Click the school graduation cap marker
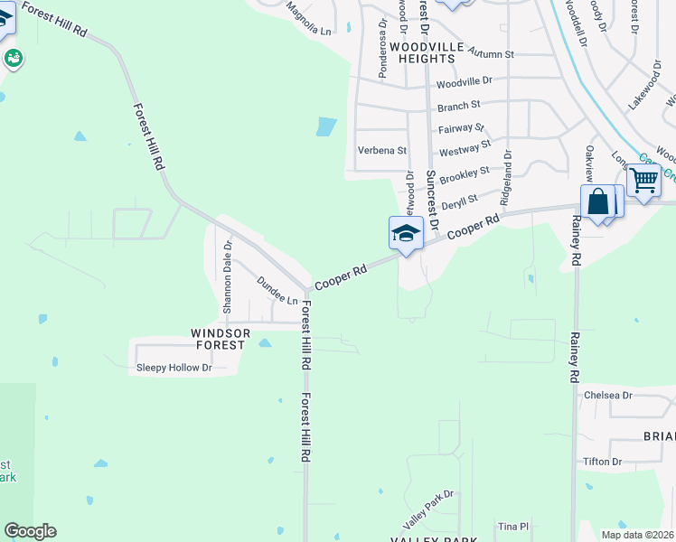click(406, 234)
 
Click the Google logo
click(30, 531)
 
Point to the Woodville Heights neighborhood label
click(412, 52)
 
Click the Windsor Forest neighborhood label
click(218, 339)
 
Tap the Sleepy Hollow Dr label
click(174, 368)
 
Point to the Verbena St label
click(382, 151)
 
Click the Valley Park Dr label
click(428, 510)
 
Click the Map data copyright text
click(636, 535)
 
